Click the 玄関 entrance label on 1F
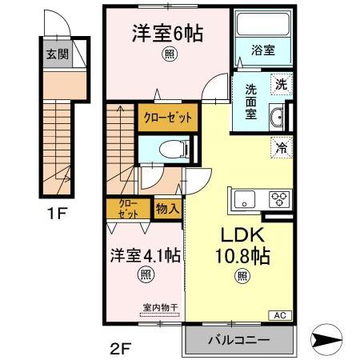tap(56, 54)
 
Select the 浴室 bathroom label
tap(263, 50)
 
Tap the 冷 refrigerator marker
tap(282, 146)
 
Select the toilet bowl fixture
tap(170, 149)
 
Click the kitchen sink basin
tap(242, 198)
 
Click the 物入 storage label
tap(167, 208)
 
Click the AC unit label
tap(282, 314)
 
